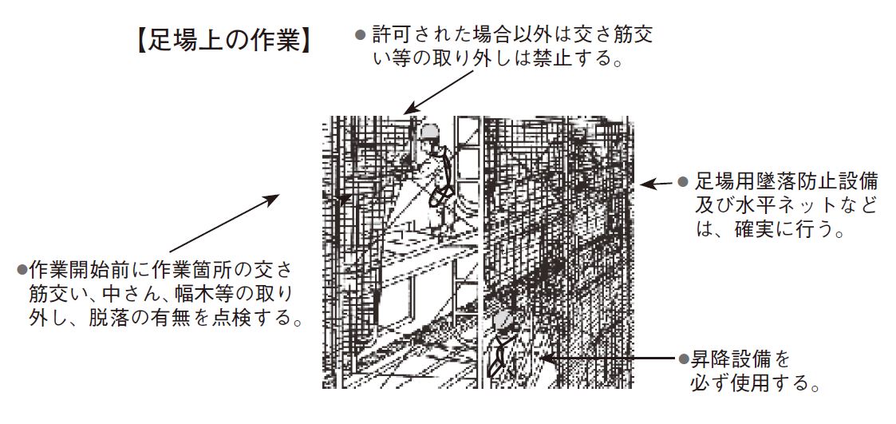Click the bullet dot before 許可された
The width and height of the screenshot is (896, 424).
pos(360,35)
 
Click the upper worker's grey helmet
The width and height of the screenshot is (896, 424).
pos(430,133)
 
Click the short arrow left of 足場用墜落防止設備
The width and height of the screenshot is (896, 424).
pos(657,184)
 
